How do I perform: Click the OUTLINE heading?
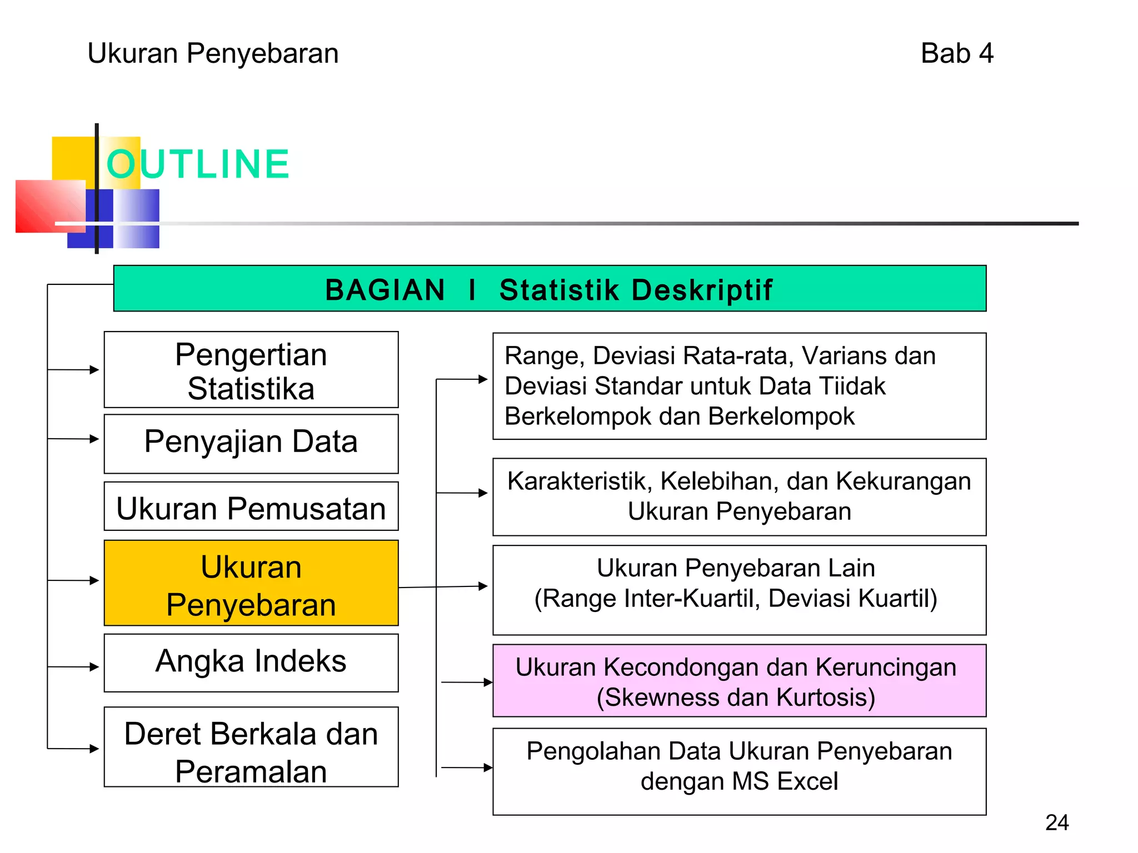pos(198,164)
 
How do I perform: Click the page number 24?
pos(1056,822)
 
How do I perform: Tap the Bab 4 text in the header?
pos(956,54)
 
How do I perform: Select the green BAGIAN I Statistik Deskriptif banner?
pos(549,289)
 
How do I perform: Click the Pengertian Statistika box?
pos(251,370)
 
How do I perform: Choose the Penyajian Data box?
pos(251,443)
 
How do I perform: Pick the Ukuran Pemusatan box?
pos(251,508)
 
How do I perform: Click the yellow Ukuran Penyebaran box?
pos(251,583)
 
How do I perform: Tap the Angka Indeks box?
pos(251,662)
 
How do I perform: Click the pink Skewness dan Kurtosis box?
pos(739,681)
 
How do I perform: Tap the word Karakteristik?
pos(579,481)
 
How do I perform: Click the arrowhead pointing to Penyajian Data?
pos(94,439)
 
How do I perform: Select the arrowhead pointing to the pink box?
pos(488,683)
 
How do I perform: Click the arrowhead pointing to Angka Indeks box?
pos(94,667)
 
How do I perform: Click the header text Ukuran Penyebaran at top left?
pos(213,54)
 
